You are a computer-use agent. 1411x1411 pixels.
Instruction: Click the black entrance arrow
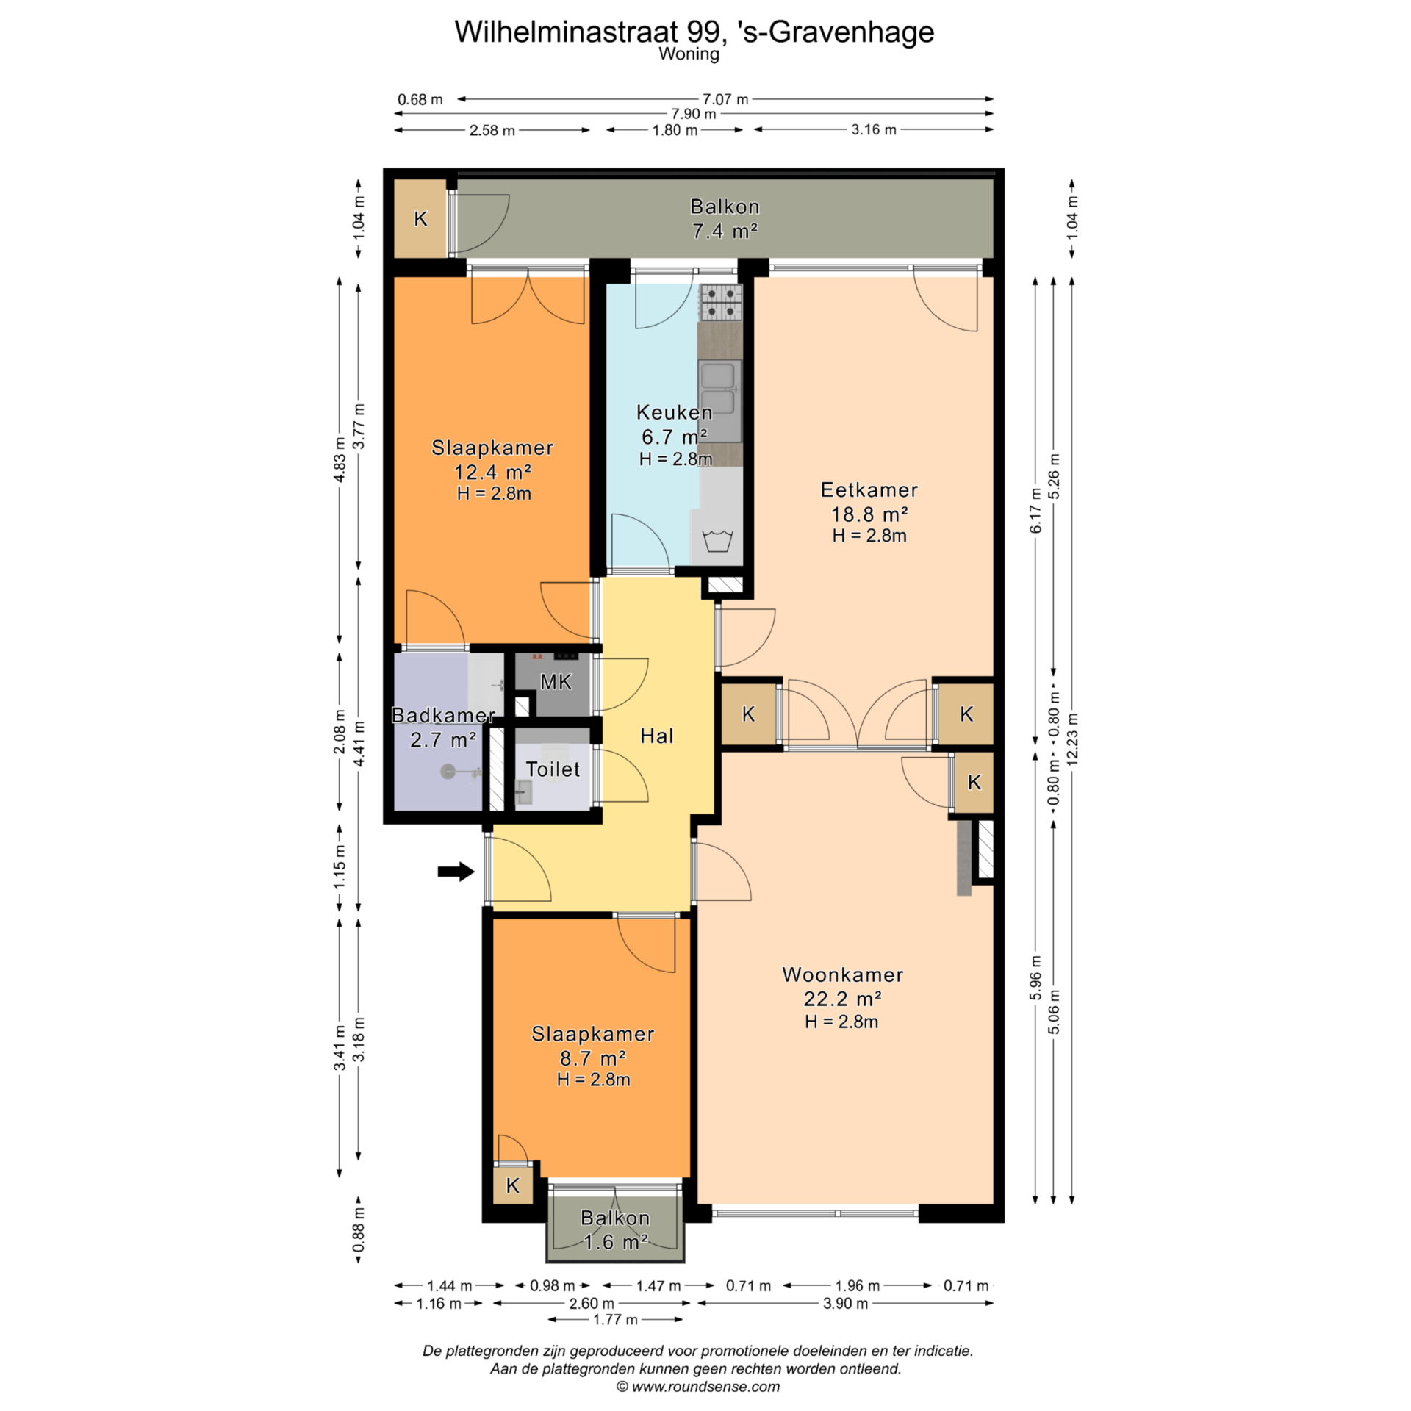[x=456, y=872]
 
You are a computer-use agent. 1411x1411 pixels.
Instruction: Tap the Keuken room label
[x=674, y=412]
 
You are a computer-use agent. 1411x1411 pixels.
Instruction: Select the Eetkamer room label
[x=869, y=490]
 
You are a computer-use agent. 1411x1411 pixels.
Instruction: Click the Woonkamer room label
[x=843, y=974]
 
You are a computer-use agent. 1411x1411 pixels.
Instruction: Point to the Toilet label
[x=553, y=769]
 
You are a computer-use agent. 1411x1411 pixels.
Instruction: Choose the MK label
[x=556, y=682]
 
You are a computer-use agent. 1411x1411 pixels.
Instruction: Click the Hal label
[x=656, y=736]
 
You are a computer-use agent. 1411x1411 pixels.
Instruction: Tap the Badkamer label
[x=443, y=715]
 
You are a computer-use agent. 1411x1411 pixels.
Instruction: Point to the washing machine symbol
[x=718, y=540]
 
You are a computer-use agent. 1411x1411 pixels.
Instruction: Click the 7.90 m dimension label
[x=693, y=114]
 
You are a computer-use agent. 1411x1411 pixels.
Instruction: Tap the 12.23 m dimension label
[x=1072, y=739]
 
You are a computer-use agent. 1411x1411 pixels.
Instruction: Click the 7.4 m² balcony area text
[x=725, y=231]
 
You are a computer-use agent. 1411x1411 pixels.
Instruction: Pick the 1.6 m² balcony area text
[x=615, y=1242]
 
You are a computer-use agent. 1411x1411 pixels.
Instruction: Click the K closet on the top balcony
[x=421, y=219]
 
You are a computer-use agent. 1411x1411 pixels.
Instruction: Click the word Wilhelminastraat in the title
[x=566, y=32]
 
